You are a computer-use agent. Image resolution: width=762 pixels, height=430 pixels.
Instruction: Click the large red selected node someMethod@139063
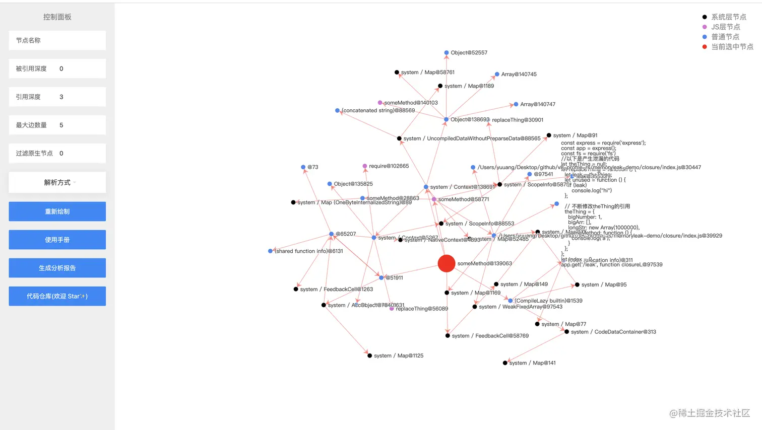pos(447,263)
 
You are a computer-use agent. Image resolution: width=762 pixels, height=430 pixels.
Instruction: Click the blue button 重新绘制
pos(57,211)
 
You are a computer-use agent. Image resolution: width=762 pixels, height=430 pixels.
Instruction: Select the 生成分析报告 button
pos(57,268)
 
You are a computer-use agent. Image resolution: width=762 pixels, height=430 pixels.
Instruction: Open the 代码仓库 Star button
pos(57,296)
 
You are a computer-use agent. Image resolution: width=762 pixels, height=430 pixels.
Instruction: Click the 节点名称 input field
pos(57,40)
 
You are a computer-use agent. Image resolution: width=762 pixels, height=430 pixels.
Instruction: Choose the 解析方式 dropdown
pos(57,182)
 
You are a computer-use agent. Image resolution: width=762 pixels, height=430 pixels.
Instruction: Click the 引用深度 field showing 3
pos(57,97)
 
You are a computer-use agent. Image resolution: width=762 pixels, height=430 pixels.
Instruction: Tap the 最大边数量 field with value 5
pos(57,125)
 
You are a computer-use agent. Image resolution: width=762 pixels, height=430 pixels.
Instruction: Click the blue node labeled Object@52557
pos(447,53)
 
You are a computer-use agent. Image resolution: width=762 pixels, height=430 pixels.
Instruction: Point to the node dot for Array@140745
pos(497,75)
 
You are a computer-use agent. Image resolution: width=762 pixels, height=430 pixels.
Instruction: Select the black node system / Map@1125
pos(369,355)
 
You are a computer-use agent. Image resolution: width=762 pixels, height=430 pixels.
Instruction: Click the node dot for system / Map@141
pos(505,363)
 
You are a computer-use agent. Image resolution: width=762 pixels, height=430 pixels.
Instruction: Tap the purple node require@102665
pos(365,166)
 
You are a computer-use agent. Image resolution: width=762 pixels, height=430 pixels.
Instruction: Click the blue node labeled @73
pos(303,167)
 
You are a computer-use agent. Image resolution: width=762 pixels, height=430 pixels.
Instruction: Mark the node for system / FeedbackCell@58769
pos(448,336)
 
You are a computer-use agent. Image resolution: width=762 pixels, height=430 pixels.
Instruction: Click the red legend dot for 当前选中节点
pos(705,47)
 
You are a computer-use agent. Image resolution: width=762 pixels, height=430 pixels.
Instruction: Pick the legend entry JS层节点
pos(725,27)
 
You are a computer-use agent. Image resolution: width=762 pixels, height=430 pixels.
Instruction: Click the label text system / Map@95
pos(604,285)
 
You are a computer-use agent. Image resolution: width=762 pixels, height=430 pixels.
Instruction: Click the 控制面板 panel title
pos(57,17)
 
